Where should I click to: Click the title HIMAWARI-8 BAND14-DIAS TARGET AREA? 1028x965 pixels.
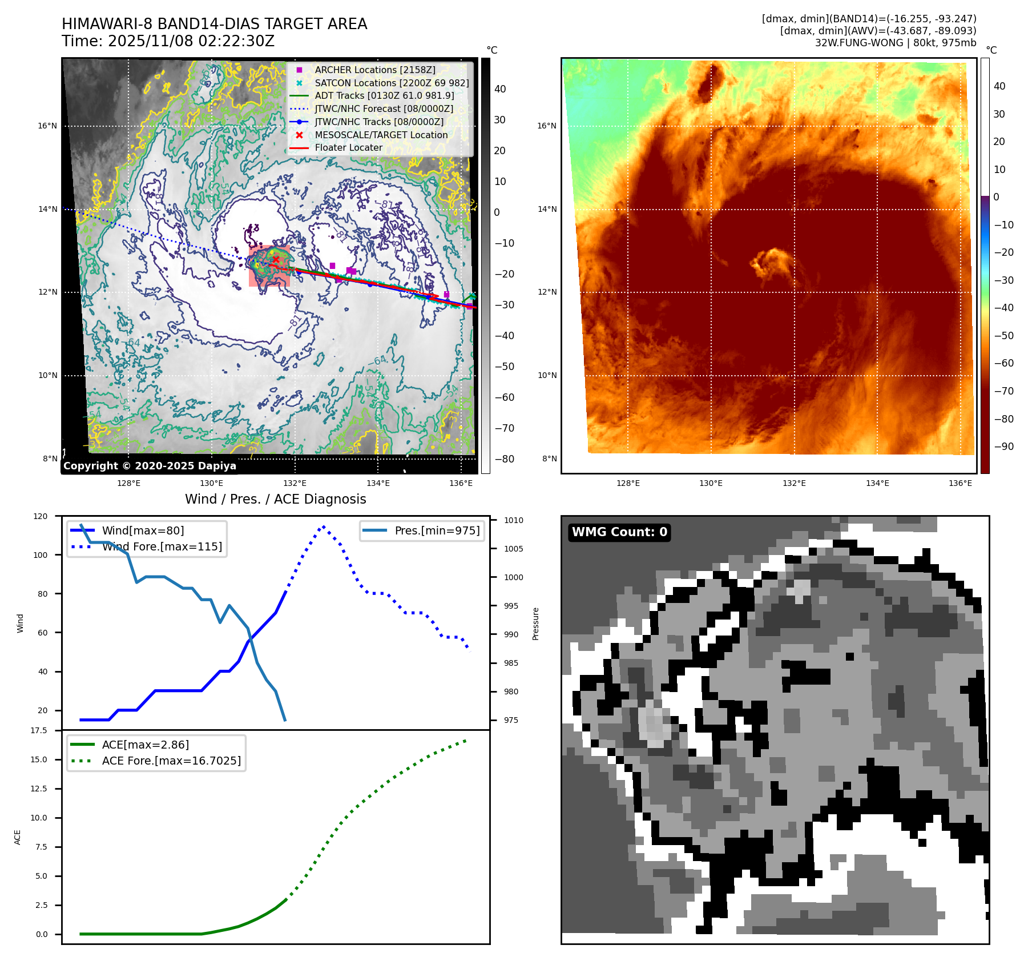tap(214, 24)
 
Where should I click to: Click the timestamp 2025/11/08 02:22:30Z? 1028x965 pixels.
tap(191, 41)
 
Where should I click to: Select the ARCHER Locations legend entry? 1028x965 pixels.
tap(374, 70)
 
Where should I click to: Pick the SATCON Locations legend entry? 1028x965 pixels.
tap(392, 83)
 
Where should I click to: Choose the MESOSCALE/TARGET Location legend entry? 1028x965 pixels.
tap(381, 135)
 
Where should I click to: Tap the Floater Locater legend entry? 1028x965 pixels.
tap(348, 147)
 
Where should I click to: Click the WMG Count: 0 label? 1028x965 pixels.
tap(619, 532)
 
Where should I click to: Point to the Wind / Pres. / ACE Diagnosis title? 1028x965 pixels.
tap(275, 499)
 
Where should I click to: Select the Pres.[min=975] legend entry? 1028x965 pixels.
tap(437, 530)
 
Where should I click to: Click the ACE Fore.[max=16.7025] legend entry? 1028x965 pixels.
tap(171, 761)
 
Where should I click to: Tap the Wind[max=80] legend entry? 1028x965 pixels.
tap(143, 530)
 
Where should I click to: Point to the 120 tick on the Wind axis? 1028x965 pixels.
tap(41, 516)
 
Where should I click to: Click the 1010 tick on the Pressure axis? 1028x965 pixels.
tap(513, 520)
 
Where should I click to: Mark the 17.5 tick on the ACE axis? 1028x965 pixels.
tap(39, 730)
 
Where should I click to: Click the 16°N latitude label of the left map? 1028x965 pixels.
tap(47, 126)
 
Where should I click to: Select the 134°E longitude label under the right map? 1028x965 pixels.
tap(877, 483)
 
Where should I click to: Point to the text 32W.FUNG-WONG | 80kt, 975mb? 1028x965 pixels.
tap(895, 43)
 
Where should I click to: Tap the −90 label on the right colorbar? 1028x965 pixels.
tap(1003, 447)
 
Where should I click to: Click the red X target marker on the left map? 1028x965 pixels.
tap(276, 260)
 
